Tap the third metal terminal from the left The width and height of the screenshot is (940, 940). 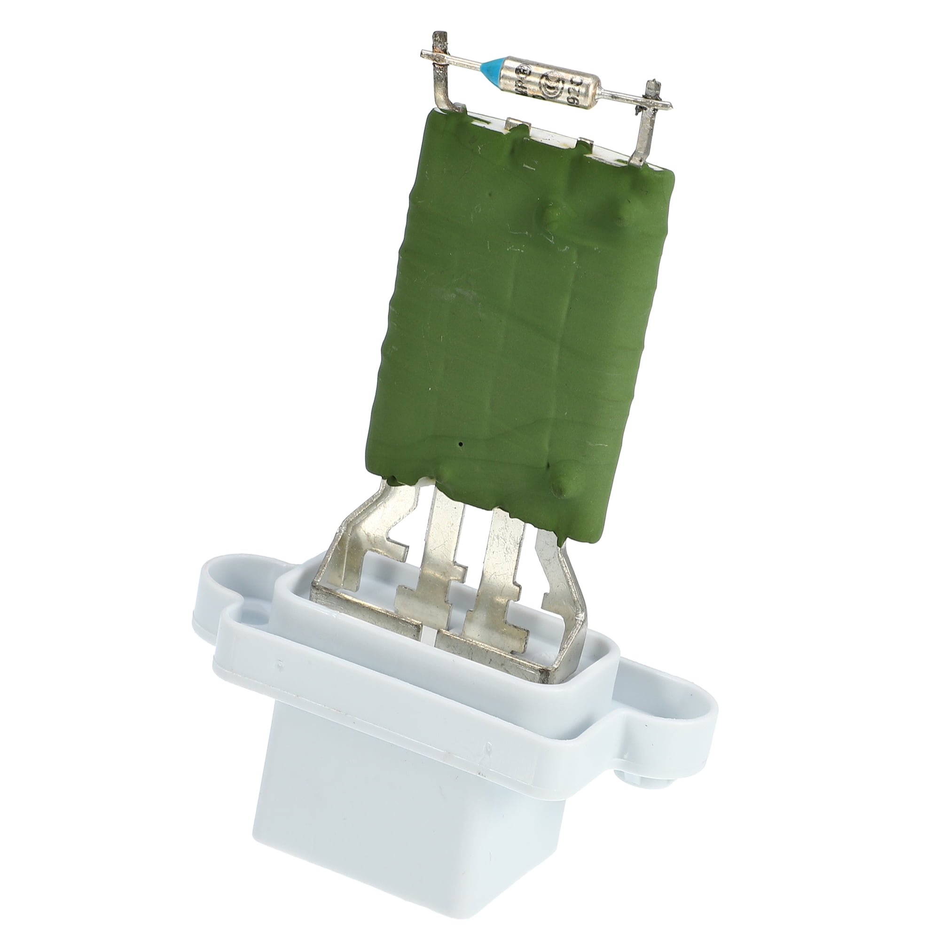tap(501, 569)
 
